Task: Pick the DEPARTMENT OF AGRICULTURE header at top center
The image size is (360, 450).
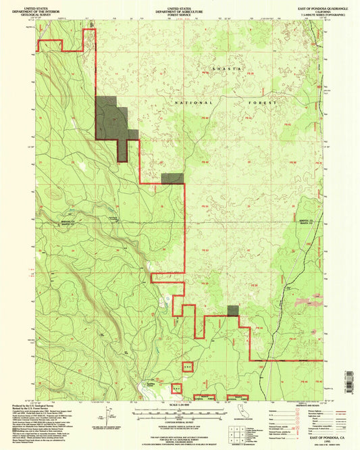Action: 180,11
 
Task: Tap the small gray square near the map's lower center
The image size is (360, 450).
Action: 233,310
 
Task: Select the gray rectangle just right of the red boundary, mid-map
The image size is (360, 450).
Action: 174,178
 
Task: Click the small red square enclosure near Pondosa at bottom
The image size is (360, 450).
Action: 188,367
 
